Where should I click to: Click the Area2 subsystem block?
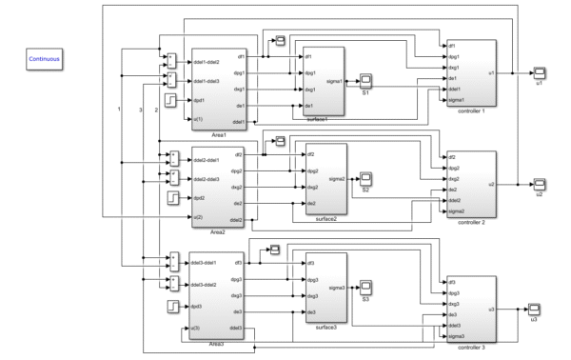coord(218,187)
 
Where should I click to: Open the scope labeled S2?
coord(366,177)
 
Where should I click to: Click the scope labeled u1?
coord(538,72)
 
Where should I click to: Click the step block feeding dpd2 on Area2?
coord(171,198)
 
